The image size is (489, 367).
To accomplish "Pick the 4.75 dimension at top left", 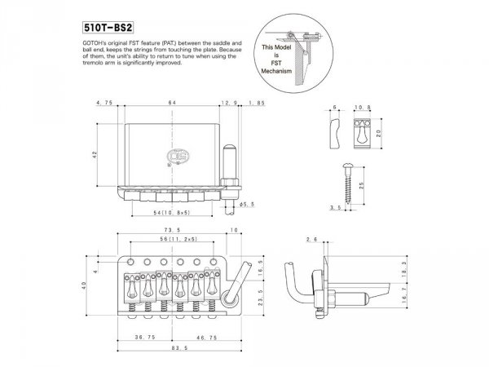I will click(x=104, y=104).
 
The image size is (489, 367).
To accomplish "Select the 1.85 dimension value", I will click(x=258, y=104).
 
